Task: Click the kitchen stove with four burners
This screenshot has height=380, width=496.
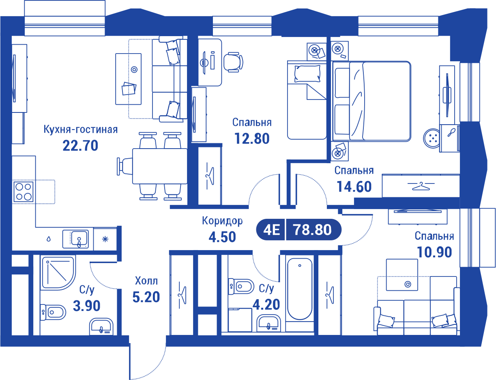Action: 24,192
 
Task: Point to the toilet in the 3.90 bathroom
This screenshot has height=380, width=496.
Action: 53,312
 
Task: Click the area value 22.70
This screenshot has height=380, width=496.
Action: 80,145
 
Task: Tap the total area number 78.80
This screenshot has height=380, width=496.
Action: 312,229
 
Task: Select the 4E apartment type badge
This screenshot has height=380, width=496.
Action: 271,230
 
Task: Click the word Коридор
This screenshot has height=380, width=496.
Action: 222,221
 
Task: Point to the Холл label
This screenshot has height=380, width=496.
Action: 146,281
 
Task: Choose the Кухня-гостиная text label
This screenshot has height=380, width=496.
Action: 80,130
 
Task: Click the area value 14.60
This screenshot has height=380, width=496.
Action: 354,187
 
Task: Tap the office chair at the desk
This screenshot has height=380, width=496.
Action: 233,62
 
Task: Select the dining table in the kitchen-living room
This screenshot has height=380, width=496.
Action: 159,166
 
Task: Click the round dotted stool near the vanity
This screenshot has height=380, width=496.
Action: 432,138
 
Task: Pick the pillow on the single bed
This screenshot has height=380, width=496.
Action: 307,73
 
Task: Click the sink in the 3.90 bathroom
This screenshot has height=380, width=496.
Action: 101,327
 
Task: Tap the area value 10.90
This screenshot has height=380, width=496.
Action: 434,252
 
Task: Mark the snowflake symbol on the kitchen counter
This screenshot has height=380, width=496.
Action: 105,239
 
